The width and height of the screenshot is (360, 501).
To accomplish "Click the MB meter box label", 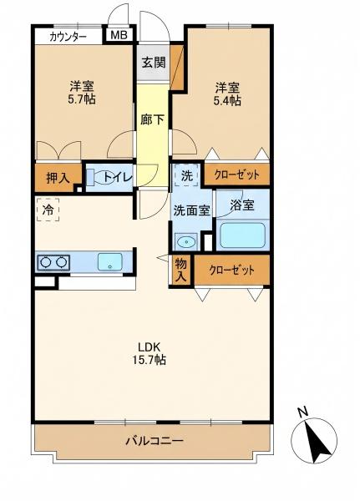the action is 119,35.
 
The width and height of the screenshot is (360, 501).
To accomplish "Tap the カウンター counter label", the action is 68,37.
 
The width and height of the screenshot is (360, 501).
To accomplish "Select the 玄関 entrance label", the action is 154,62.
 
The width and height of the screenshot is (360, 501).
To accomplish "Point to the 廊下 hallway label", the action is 152,119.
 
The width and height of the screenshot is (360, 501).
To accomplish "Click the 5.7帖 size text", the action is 81,99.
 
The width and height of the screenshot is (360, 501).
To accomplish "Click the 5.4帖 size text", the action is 227,101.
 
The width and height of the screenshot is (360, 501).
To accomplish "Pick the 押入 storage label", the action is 58,177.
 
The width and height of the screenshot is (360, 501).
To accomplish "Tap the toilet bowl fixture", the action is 104,179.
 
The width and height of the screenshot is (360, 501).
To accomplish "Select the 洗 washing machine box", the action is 187,175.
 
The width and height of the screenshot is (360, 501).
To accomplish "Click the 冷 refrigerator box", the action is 48,210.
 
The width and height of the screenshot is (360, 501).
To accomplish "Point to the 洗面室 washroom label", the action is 191,210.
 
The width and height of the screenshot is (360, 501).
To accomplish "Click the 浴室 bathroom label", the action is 242,205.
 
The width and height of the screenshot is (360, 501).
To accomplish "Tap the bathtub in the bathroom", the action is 243,235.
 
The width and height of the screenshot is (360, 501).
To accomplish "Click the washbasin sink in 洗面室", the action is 185,241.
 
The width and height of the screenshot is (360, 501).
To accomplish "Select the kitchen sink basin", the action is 110,262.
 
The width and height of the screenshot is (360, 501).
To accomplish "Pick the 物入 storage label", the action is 180,270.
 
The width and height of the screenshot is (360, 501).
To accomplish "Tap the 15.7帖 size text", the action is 149,360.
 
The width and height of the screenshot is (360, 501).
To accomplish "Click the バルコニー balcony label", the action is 154,441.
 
